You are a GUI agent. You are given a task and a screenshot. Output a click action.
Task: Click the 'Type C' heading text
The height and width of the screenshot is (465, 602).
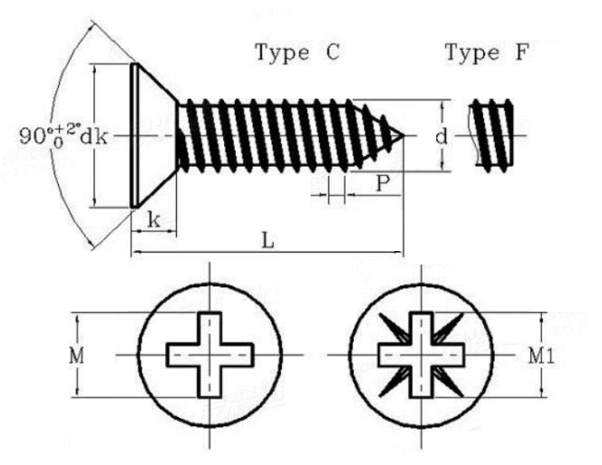(298, 53)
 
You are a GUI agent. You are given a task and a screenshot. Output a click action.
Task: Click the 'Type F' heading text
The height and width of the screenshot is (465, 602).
(487, 53)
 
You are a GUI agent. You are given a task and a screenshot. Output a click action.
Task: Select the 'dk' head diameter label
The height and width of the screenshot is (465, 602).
(93, 137)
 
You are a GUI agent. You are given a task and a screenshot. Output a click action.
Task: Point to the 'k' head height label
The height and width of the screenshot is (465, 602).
(154, 220)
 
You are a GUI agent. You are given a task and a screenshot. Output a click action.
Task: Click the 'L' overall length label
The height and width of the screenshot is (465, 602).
(267, 241)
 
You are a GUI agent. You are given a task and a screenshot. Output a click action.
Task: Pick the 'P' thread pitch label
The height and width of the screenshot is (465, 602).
(382, 183)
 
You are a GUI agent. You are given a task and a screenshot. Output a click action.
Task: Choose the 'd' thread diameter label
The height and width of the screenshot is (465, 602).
(442, 136)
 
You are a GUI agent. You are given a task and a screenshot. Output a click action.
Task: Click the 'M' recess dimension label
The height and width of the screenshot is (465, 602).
(76, 356)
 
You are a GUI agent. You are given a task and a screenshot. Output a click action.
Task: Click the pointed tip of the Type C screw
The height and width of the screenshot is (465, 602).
(403, 136)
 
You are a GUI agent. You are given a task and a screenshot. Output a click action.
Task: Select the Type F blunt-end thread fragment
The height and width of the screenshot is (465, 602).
(491, 135)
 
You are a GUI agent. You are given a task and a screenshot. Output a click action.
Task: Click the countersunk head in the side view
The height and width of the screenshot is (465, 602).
(154, 135)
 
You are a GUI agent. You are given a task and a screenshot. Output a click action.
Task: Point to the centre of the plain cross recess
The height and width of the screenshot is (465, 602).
(209, 354)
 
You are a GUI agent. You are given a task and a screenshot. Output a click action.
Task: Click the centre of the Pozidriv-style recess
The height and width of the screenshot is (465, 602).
(422, 354)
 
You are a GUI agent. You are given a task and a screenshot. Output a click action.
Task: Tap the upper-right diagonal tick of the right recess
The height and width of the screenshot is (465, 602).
(448, 327)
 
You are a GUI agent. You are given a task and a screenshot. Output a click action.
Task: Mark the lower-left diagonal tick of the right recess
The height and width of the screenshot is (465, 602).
(394, 382)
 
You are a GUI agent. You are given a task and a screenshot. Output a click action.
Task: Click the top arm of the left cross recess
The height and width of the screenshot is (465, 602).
(209, 328)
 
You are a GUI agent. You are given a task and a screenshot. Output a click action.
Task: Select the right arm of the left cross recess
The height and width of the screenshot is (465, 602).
(238, 354)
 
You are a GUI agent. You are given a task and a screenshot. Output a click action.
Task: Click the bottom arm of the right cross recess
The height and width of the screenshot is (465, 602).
(422, 382)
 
